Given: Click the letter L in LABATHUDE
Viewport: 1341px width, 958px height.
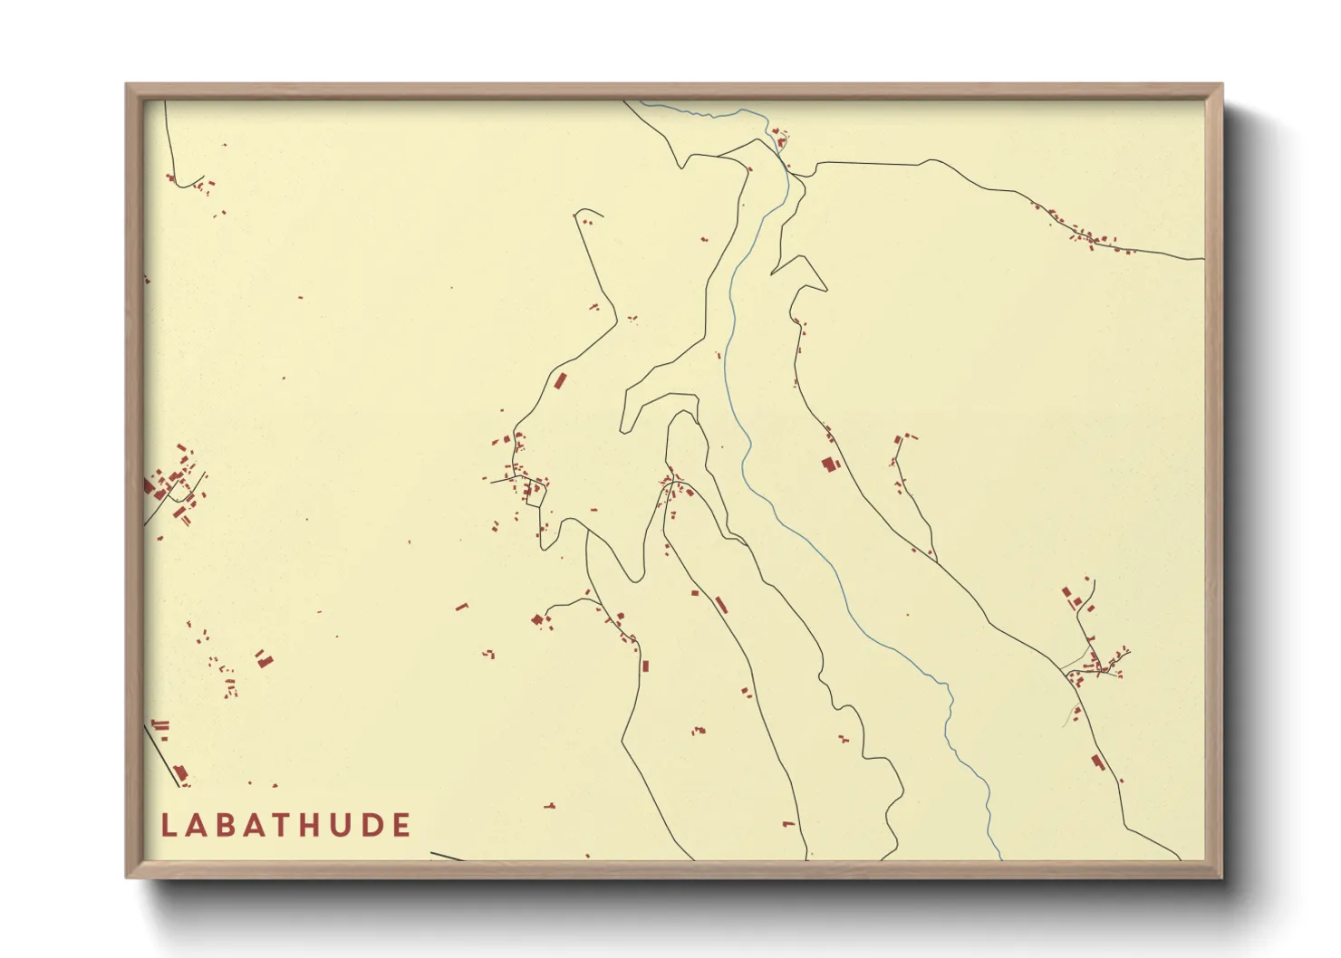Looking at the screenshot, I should (168, 826).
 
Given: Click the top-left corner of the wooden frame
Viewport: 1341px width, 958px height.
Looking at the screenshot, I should (127, 85).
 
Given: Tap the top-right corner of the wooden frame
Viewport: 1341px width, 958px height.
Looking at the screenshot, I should (1221, 85).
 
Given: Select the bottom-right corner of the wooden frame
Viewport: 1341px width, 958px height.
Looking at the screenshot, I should (1221, 877).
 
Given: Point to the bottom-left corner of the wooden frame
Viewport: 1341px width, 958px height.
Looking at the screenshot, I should (127, 877).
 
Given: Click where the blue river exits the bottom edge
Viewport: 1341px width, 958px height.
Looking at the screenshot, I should (1001, 858).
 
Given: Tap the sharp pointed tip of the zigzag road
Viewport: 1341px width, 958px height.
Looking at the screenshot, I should (825, 290).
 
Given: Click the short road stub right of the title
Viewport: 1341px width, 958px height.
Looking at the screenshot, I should (446, 856).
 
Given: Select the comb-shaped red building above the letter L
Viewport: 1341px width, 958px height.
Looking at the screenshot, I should (160, 725).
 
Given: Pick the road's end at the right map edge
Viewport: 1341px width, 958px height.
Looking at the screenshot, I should (1202, 259).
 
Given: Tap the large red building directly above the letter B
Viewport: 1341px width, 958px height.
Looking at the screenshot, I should (263, 658).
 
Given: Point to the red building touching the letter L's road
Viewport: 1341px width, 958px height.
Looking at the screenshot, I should (180, 772).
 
